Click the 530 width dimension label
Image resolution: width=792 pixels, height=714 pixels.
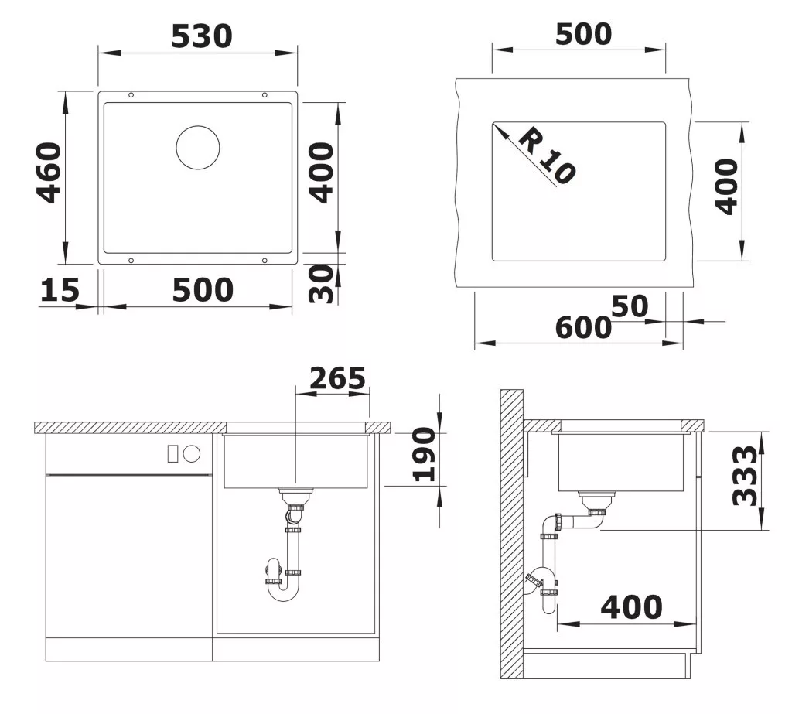point(202,36)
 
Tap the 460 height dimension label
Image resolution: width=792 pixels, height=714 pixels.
point(49,173)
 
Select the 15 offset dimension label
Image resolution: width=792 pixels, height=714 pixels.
point(60,290)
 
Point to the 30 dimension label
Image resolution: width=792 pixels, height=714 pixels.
point(321,283)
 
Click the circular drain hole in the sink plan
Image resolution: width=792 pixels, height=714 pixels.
point(198,148)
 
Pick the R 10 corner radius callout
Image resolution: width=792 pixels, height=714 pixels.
point(546,155)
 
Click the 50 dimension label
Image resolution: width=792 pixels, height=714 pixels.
point(630,306)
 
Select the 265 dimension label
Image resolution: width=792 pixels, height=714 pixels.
point(337,378)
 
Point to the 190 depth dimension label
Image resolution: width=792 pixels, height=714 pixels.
point(423,454)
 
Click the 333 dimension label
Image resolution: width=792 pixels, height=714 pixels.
point(745,475)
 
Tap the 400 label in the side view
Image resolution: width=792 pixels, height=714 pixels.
point(631,607)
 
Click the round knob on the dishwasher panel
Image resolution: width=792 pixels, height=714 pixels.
point(192,454)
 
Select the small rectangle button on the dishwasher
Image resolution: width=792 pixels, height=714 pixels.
point(172,454)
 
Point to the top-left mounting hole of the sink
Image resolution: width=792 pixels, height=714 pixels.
point(131,95)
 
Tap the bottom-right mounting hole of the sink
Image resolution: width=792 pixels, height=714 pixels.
point(265,260)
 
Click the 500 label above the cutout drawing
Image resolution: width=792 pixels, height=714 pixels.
point(583,34)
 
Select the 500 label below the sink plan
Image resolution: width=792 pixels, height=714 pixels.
point(203,290)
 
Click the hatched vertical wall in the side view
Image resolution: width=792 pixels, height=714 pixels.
point(512,534)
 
